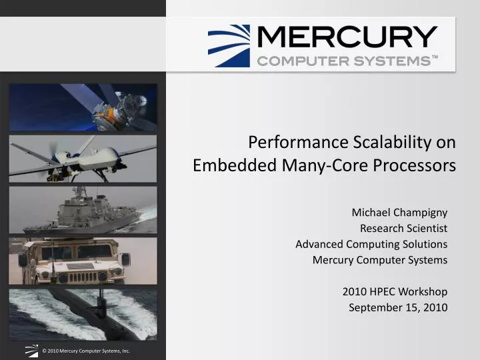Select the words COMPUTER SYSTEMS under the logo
(347, 61)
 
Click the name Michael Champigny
(399, 213)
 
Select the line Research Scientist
(403, 228)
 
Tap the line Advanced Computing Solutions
(371, 244)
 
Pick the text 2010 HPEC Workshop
(395, 291)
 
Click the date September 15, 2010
(398, 307)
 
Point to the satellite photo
(83, 107)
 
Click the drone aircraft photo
(83, 159)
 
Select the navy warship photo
(83, 209)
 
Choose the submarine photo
(83, 313)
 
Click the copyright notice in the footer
(85, 350)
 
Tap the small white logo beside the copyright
(31, 349)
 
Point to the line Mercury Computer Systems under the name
(380, 260)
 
